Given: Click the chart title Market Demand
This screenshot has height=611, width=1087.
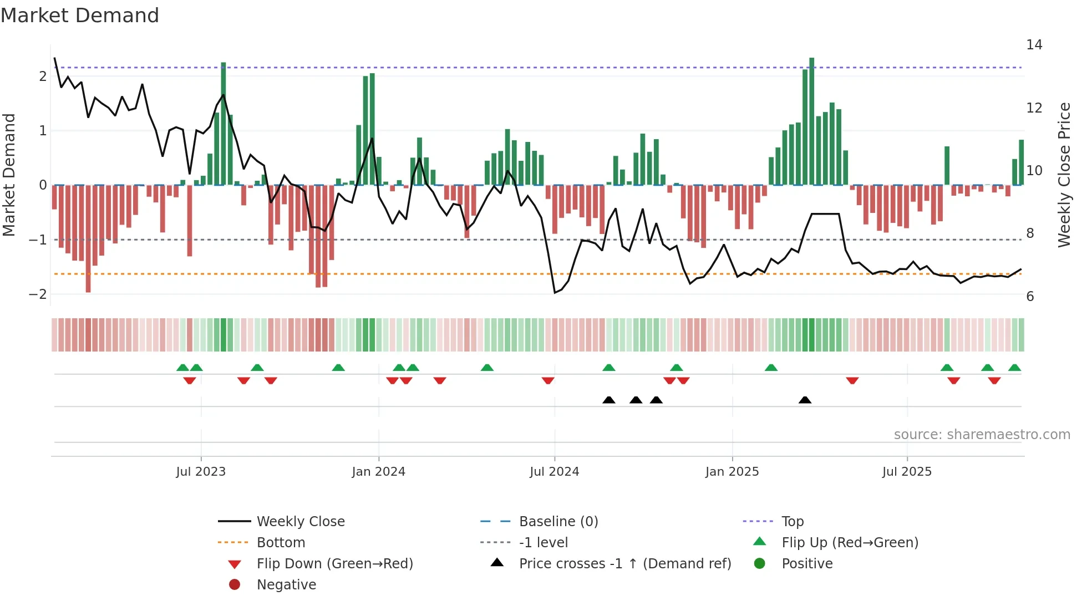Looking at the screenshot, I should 80,16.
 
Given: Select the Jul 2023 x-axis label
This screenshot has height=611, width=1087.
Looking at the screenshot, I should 201,472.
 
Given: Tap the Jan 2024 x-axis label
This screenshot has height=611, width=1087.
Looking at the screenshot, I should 378,472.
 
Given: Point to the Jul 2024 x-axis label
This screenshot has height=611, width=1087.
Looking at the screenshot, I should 554,472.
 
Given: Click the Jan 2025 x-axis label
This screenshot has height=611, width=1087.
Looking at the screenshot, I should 732,472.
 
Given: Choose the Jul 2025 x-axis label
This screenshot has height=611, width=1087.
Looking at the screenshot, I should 907,472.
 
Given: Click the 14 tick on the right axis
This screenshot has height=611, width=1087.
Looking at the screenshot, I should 1034,45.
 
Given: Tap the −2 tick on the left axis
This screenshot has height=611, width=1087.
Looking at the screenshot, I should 38,294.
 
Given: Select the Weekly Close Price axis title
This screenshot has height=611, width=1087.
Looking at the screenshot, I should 1064,175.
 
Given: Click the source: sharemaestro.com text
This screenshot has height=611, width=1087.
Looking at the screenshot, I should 982,435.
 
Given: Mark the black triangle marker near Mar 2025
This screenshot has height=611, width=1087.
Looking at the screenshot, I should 805,400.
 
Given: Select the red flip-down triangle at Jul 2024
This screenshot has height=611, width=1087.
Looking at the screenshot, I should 548,380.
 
